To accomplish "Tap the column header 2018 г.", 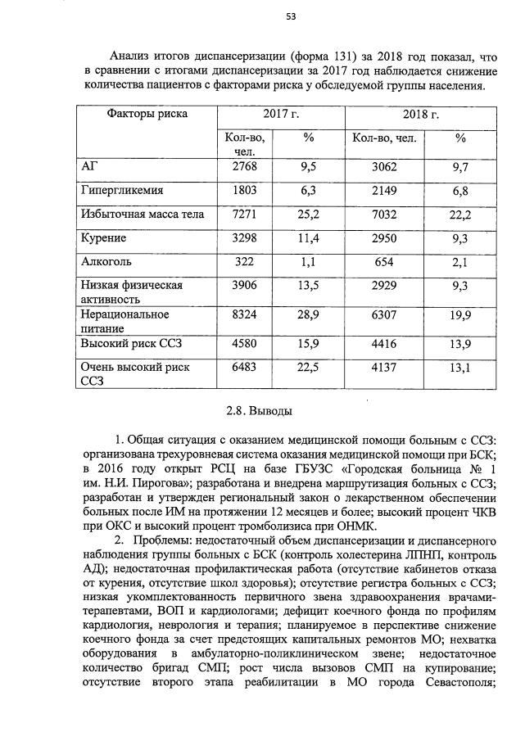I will coord(422,115).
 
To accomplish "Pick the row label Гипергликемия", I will coord(122,190).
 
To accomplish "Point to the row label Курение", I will coord(103,238).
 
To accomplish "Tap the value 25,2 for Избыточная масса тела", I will coord(308,215).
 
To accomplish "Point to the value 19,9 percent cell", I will coord(460,314).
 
